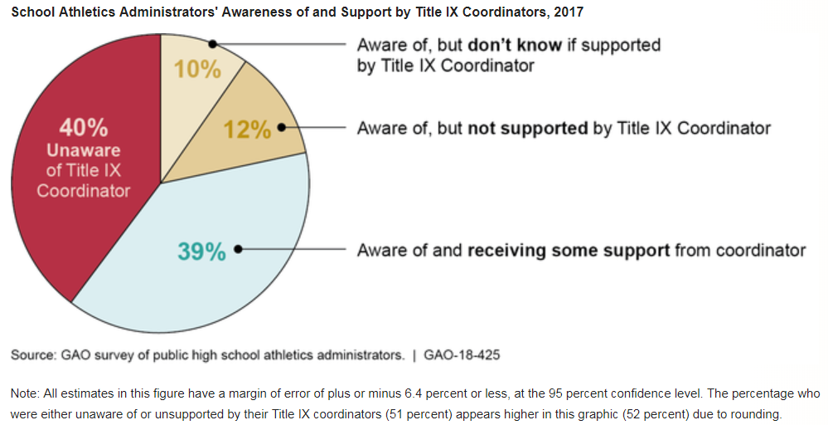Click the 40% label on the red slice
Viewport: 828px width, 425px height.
point(83,129)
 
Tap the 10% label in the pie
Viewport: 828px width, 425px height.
point(197,69)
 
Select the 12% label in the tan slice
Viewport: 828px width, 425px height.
point(248,130)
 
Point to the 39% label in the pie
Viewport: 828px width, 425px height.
point(201,252)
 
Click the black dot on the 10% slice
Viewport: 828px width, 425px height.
point(214,44)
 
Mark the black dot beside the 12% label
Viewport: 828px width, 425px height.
point(281,128)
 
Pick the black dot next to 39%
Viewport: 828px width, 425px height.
point(238,249)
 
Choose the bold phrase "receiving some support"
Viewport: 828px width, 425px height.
point(569,250)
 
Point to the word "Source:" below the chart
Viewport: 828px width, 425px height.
point(34,355)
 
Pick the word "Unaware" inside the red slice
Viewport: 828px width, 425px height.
point(83,151)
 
